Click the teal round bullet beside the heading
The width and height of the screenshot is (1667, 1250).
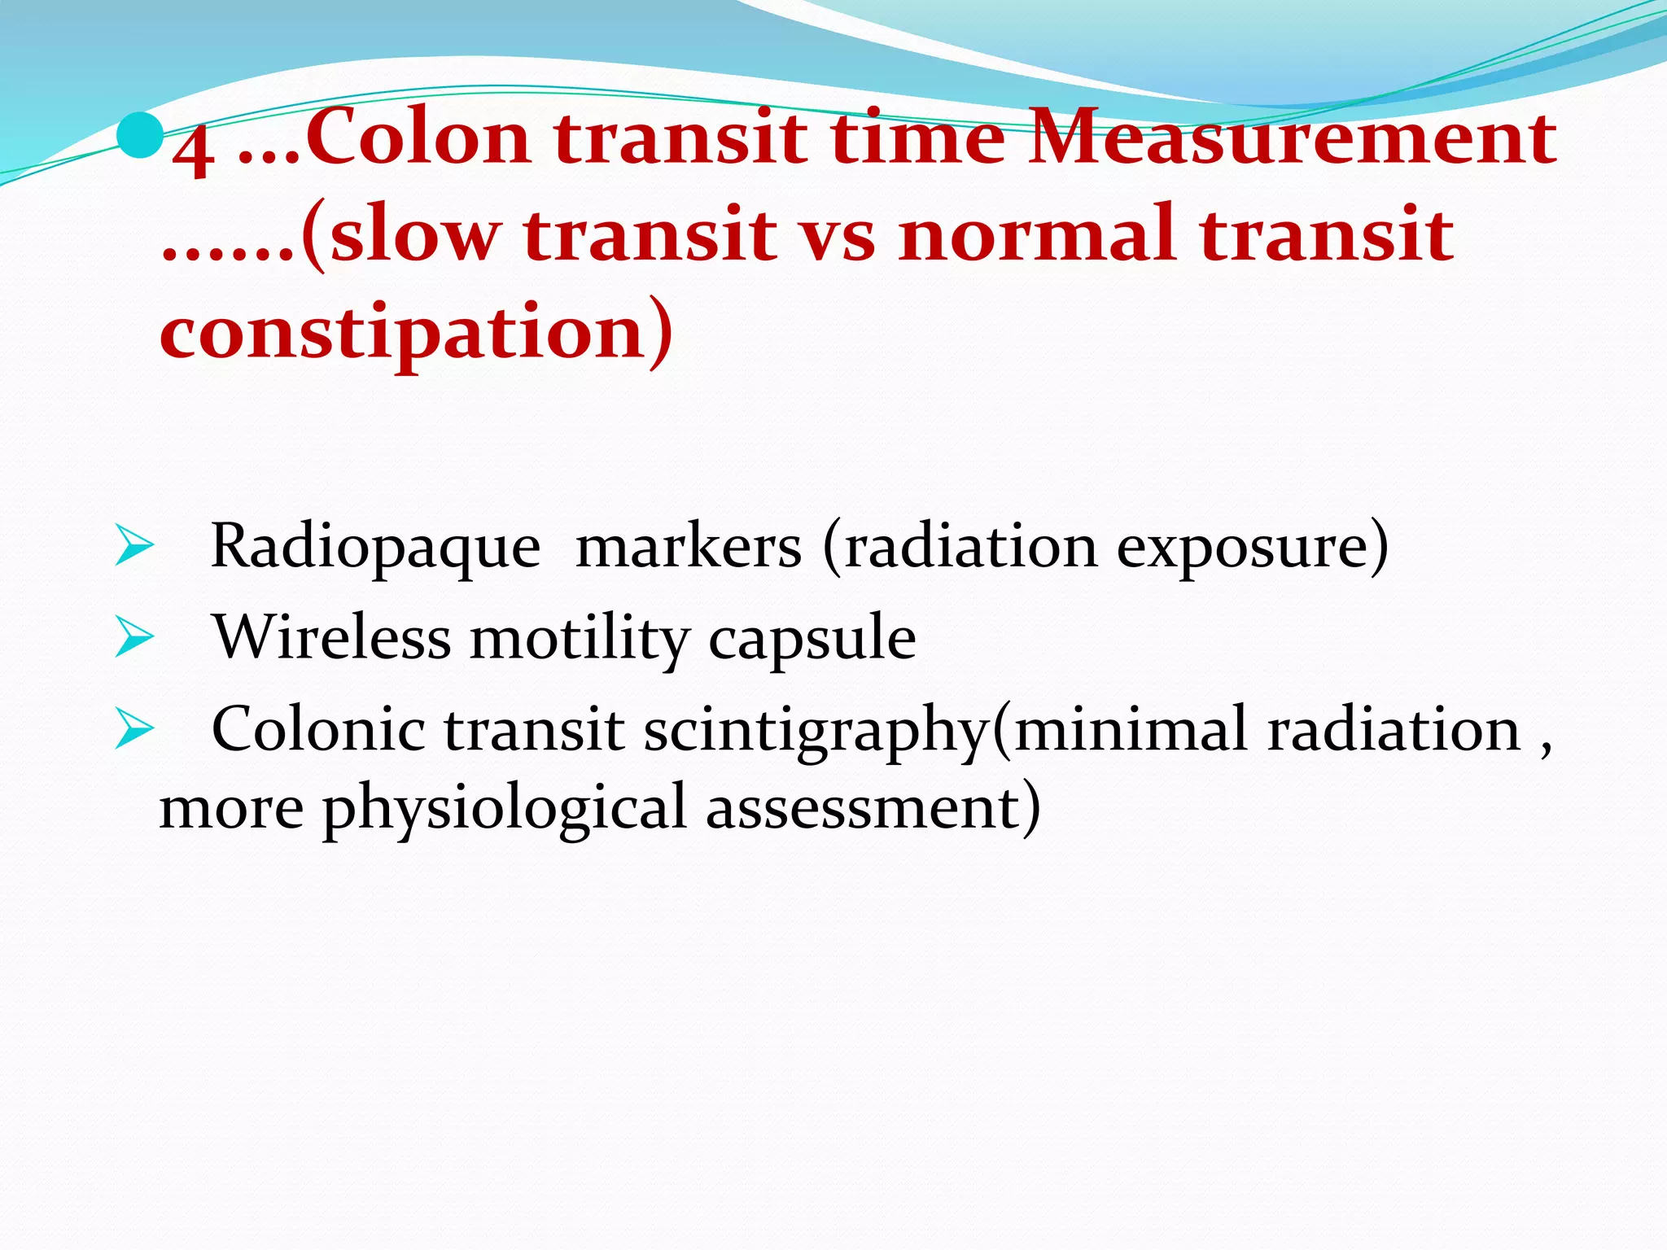coord(139,137)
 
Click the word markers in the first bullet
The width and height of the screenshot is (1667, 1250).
coord(688,547)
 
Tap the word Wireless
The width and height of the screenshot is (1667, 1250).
coord(331,637)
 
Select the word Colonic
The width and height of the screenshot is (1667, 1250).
coord(317,729)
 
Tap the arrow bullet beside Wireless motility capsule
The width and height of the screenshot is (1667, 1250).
coord(133,637)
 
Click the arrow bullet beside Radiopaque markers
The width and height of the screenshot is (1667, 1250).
coord(133,546)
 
